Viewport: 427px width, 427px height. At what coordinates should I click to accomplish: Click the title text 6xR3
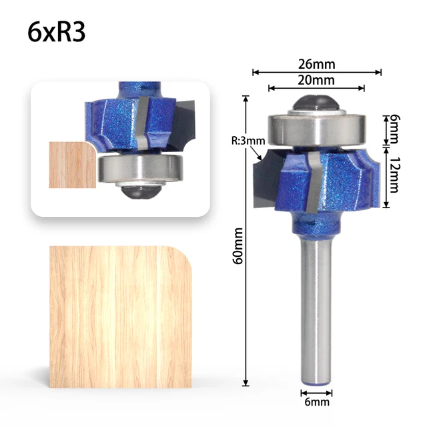click(x=57, y=33)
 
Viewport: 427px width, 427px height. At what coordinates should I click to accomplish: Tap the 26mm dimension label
click(x=317, y=64)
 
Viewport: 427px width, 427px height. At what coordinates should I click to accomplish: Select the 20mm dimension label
click(x=317, y=80)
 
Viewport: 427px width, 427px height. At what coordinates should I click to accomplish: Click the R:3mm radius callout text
click(x=248, y=141)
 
